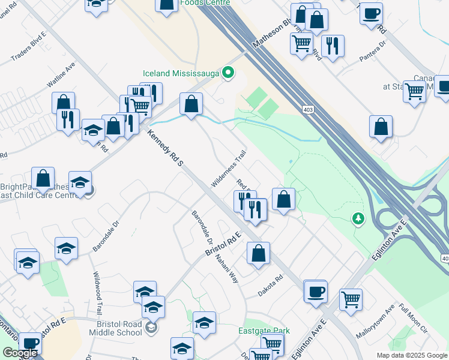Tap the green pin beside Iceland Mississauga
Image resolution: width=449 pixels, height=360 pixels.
point(228,73)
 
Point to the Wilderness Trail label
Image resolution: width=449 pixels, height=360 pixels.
point(229,167)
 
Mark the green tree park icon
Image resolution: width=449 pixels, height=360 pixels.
point(358,218)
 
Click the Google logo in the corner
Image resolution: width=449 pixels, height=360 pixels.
point(19,353)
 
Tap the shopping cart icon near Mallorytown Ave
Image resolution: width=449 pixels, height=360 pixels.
point(351,298)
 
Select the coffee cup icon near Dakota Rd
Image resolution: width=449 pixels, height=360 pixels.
point(315,292)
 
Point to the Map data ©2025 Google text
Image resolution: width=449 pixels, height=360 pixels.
point(412,355)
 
